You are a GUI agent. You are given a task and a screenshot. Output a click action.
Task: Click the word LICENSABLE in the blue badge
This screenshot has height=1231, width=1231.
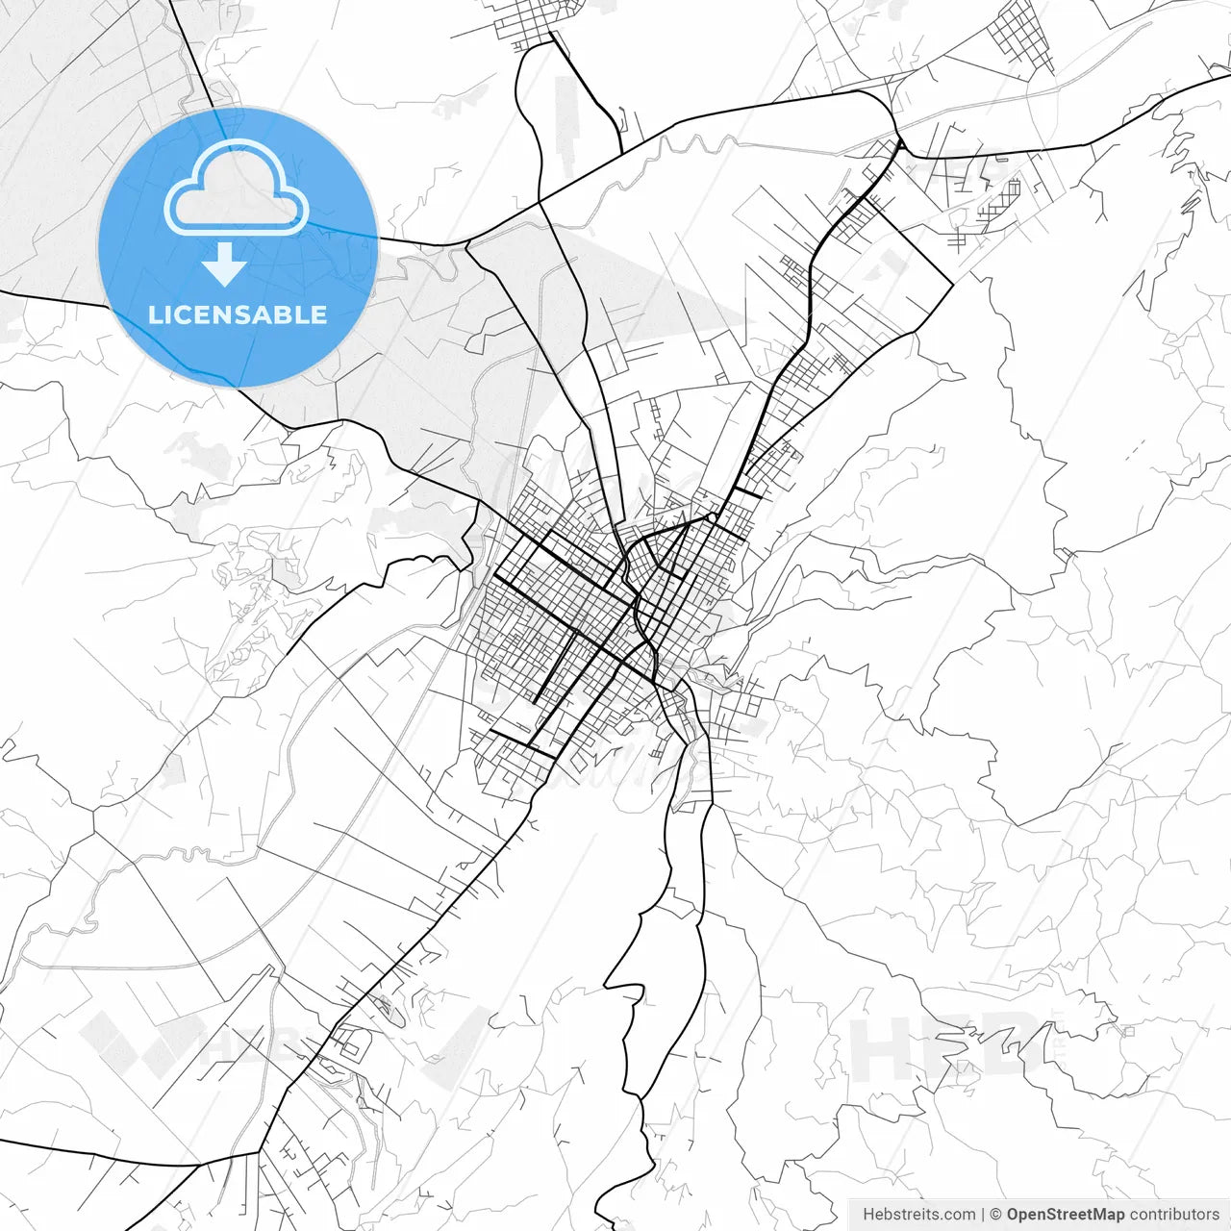[x=238, y=314]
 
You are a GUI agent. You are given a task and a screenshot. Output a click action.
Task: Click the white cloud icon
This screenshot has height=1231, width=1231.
[x=237, y=189]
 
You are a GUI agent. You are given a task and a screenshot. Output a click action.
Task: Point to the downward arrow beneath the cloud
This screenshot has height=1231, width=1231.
[x=224, y=264]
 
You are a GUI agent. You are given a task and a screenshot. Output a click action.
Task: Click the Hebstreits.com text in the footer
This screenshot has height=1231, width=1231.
[x=918, y=1215]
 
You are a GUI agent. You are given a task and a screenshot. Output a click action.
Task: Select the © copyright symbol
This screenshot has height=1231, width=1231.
[x=996, y=1215]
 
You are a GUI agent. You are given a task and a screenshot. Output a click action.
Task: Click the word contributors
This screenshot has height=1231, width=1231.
[x=1174, y=1215]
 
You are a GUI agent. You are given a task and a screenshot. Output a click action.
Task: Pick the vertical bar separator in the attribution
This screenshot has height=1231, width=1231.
[x=983, y=1215]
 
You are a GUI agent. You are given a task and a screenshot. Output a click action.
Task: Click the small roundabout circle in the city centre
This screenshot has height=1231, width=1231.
[x=711, y=517]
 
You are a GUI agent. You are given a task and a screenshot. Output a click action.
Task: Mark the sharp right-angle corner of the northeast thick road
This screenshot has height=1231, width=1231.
[x=952, y=285]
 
